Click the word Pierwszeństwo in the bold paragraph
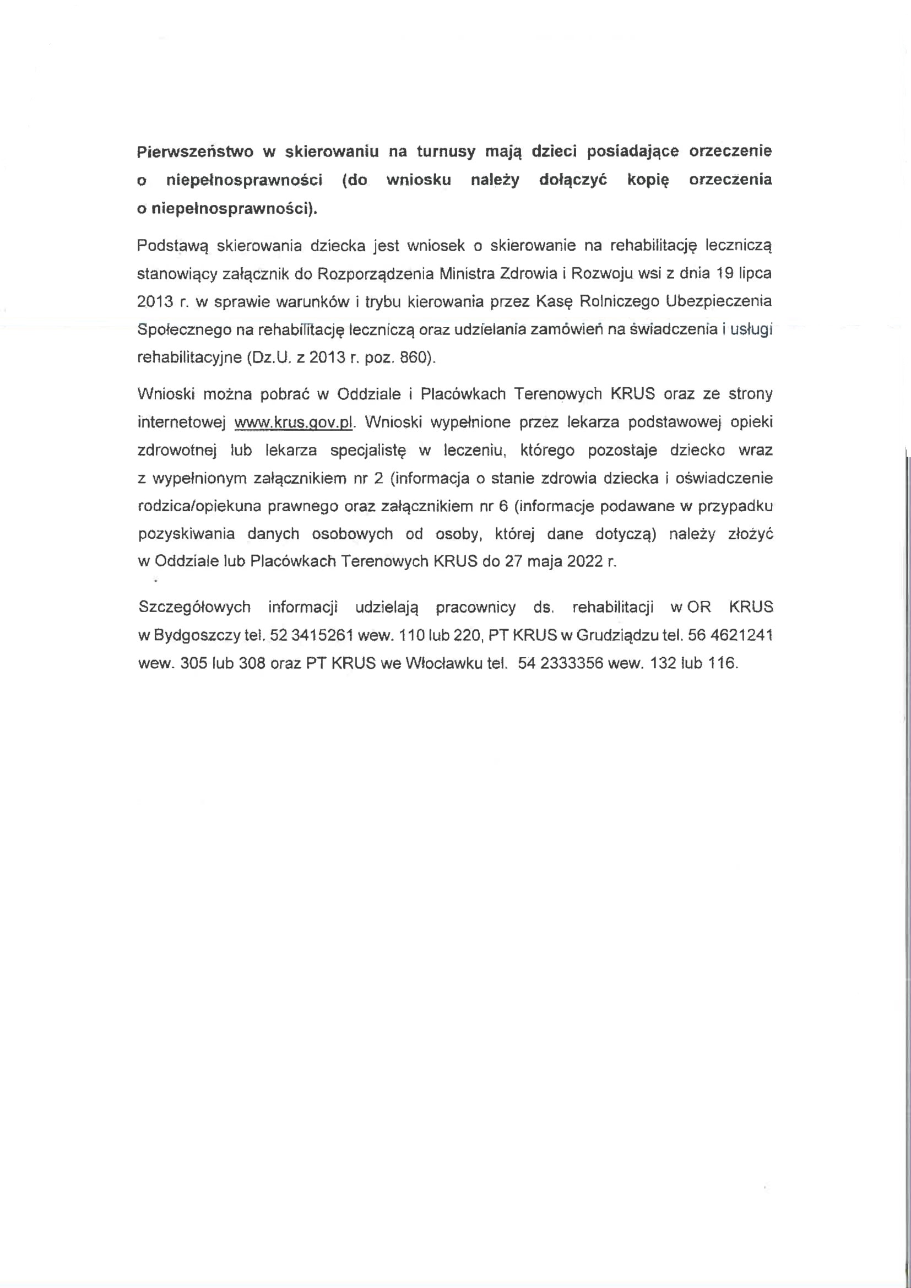point(194,151)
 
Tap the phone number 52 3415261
point(311,635)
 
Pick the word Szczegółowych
point(194,607)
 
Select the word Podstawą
point(172,246)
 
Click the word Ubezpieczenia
point(719,301)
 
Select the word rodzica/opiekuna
point(200,506)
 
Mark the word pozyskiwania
point(186,533)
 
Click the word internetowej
point(182,422)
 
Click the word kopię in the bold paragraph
point(648,180)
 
